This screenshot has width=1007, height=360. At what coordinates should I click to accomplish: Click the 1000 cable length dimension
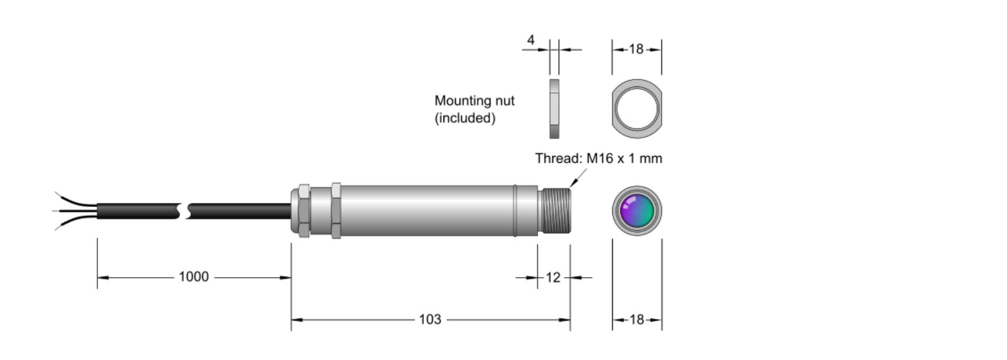point(194,277)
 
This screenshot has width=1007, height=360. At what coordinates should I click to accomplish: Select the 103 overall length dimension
point(430,319)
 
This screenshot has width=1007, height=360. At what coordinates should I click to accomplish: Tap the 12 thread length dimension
point(553,278)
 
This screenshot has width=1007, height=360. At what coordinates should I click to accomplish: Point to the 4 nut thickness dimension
point(530,40)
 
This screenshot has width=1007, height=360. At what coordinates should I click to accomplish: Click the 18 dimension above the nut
point(637,49)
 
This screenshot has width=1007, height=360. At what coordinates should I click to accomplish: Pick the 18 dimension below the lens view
point(637,319)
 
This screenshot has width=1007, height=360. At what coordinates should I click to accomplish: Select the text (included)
point(465,118)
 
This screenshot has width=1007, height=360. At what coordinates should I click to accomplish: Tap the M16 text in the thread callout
point(600,158)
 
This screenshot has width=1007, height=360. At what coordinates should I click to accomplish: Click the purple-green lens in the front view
point(637,210)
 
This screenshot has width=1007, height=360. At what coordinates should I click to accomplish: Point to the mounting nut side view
point(555,108)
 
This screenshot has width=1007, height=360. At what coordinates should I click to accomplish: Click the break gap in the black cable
point(185,211)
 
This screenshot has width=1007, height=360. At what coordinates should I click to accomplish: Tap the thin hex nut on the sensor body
point(336,210)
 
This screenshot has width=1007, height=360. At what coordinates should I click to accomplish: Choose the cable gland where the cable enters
point(301,210)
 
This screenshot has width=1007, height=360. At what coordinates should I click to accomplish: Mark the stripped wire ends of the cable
point(75,211)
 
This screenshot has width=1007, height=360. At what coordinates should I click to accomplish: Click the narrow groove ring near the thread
point(515,210)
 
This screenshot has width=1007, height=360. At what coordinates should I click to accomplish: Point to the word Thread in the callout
point(558,158)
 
